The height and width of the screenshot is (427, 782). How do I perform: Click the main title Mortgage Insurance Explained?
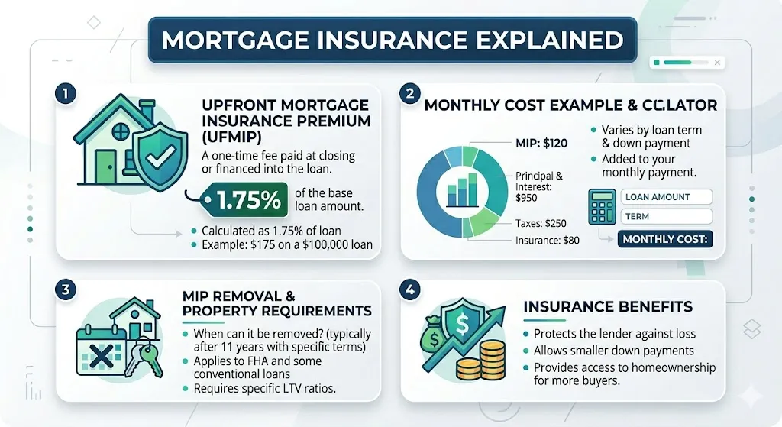click(390, 40)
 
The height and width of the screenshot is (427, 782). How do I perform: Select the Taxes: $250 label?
click(541, 224)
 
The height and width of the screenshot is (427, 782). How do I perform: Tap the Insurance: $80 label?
click(547, 241)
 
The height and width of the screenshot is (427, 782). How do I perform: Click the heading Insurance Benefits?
click(608, 307)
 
